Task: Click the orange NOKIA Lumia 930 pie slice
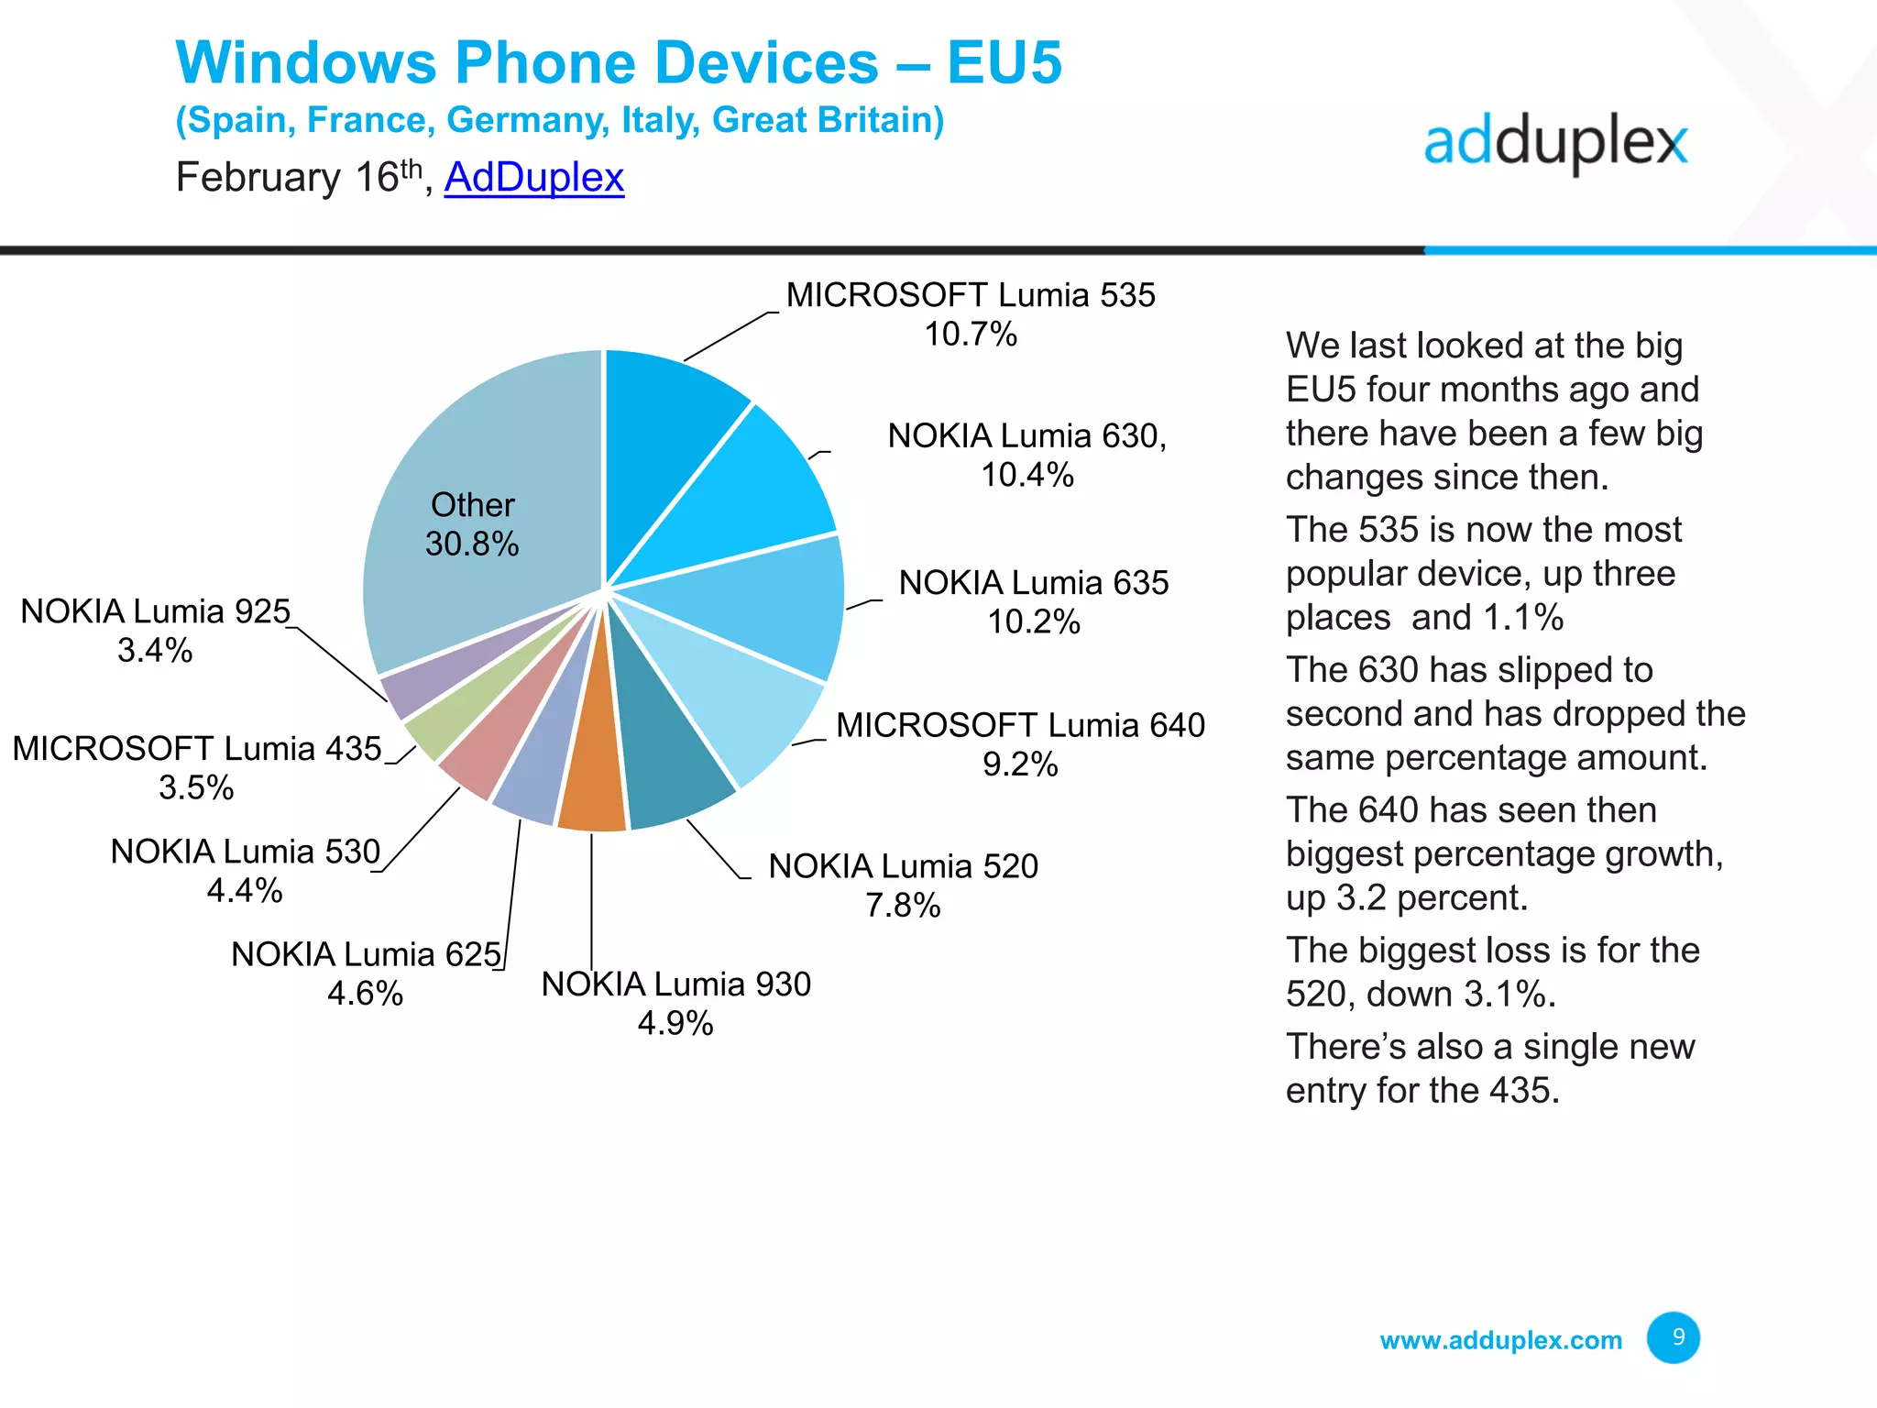[x=592, y=779]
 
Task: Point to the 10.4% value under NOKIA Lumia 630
[x=1026, y=475]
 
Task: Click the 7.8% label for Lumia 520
[x=903, y=906]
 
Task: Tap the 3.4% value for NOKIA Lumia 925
[x=155, y=651]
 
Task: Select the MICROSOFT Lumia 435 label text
[x=197, y=749]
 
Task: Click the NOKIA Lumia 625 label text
[x=366, y=954]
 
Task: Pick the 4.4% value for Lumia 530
[x=245, y=891]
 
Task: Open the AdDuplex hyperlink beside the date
[x=534, y=177]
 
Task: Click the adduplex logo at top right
[x=1555, y=144]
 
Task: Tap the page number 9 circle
[x=1673, y=1337]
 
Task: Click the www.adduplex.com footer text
[x=1500, y=1340]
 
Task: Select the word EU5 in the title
[x=1004, y=62]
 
